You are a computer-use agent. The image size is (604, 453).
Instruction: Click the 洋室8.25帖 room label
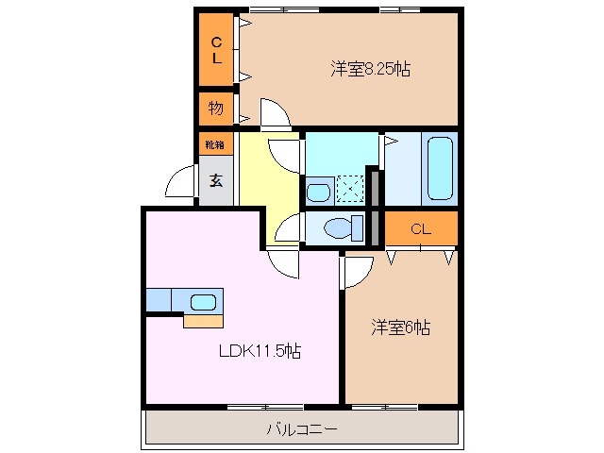click(370, 68)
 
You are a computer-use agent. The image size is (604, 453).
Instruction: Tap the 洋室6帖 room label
click(400, 327)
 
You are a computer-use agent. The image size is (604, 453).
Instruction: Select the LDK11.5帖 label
click(260, 351)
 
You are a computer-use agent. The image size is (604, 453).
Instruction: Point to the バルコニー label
click(301, 429)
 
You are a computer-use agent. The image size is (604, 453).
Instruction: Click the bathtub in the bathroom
click(441, 167)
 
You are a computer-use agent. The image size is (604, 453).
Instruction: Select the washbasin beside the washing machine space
click(319, 192)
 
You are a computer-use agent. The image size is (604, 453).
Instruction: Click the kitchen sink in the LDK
click(204, 301)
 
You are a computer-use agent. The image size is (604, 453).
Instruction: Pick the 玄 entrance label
click(216, 180)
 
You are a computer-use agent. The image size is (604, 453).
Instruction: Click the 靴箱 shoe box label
click(216, 144)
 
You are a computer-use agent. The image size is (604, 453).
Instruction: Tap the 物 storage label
click(216, 109)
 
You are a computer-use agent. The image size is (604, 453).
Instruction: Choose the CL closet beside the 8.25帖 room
click(216, 49)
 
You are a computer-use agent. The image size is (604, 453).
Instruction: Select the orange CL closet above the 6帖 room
click(421, 228)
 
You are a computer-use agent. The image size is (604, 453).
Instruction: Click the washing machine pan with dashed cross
click(350, 190)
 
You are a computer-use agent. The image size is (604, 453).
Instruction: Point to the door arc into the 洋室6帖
click(356, 273)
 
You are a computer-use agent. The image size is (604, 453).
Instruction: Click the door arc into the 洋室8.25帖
click(276, 114)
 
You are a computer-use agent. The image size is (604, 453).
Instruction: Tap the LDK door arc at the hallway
click(283, 263)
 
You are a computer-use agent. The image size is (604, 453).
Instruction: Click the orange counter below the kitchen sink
click(203, 321)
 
